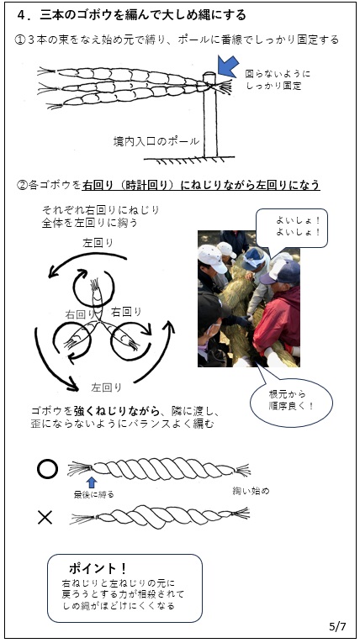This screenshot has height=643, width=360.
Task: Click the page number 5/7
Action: [x=334, y=626]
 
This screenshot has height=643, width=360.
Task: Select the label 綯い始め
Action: [x=250, y=489]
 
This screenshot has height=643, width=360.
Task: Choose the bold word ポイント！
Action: [x=96, y=569]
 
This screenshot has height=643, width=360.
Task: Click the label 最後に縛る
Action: [x=93, y=495]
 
